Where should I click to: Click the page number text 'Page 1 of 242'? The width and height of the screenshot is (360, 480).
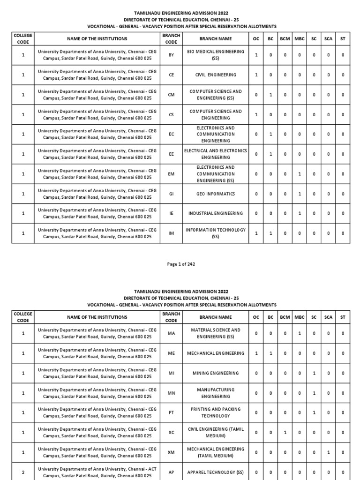click(x=181, y=264)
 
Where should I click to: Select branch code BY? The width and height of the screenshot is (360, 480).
click(x=171, y=55)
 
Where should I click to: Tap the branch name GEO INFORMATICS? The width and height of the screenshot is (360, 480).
click(x=215, y=194)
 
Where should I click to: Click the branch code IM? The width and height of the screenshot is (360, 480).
click(x=171, y=233)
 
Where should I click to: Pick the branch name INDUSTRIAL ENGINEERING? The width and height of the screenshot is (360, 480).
click(x=215, y=213)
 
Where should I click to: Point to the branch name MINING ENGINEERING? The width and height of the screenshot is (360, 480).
click(x=215, y=373)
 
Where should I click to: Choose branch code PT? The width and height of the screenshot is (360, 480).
click(x=171, y=412)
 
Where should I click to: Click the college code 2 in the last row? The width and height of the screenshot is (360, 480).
click(x=23, y=472)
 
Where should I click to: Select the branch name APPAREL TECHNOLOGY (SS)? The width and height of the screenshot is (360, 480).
click(x=215, y=472)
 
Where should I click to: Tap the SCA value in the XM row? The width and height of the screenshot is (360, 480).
click(x=328, y=452)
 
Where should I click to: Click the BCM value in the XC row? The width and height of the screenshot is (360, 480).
click(x=285, y=433)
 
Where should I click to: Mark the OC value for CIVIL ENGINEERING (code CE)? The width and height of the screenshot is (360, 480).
click(x=256, y=75)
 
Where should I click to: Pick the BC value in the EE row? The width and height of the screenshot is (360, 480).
click(x=270, y=154)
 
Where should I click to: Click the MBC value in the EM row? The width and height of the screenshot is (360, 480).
click(x=300, y=174)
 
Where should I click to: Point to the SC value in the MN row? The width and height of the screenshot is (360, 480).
click(x=314, y=393)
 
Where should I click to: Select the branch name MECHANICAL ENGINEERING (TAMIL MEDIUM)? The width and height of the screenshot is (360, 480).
click(x=215, y=452)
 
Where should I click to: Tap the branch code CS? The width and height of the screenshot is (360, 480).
click(x=171, y=114)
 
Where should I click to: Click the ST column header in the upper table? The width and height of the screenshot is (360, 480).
click(x=343, y=39)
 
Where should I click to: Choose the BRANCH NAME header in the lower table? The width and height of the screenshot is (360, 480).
click(x=215, y=317)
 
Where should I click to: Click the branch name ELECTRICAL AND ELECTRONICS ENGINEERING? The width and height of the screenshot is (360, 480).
click(x=215, y=154)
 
